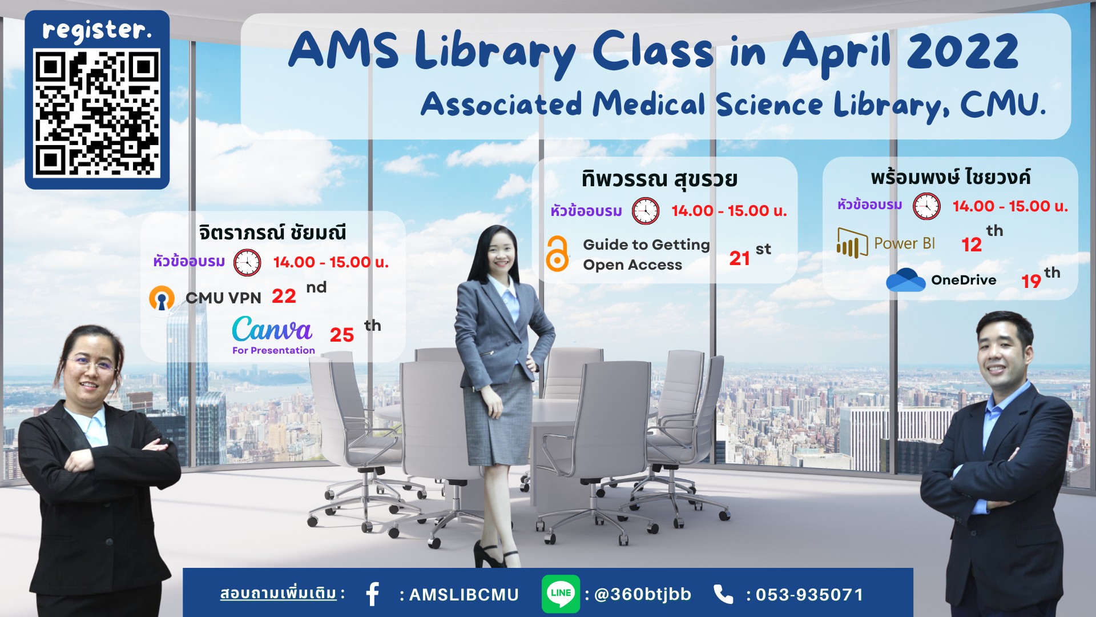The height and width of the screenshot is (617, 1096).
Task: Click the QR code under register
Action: [x=97, y=113]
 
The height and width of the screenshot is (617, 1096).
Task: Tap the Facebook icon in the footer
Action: [x=373, y=594]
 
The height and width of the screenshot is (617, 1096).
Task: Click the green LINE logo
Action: [x=561, y=594]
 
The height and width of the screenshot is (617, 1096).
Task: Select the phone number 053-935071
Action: [x=809, y=595]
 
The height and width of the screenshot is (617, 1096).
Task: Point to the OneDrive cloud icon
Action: [x=905, y=279]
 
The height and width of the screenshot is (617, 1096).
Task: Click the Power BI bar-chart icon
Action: [x=852, y=243]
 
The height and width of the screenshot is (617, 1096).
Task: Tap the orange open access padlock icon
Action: [x=557, y=254]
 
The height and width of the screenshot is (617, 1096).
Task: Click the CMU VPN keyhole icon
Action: [x=162, y=298]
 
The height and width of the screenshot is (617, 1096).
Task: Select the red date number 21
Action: [x=739, y=259]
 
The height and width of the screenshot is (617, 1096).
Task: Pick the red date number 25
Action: [x=342, y=335]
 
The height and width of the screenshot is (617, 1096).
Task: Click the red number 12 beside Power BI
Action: [x=972, y=245]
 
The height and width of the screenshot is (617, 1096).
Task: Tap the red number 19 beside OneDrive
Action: [x=1031, y=282]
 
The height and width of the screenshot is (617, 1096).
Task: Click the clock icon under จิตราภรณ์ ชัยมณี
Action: [x=247, y=263]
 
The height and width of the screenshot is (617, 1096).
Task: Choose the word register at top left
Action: [x=97, y=30]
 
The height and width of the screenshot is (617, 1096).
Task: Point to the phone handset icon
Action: [x=723, y=594]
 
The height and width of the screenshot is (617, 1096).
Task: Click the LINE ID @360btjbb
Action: [x=643, y=595]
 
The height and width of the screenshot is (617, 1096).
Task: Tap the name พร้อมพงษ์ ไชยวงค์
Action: [x=950, y=177]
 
